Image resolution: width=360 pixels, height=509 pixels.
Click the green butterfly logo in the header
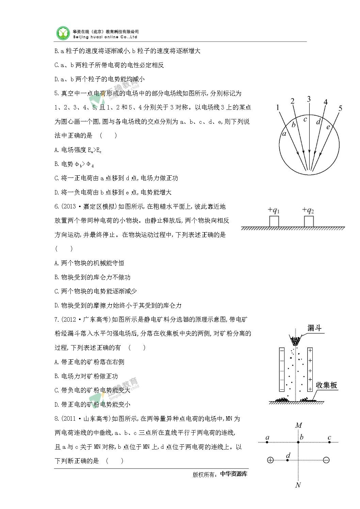(63, 33)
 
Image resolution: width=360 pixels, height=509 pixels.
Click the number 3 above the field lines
(309, 99)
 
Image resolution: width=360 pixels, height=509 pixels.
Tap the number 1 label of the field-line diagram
(278, 108)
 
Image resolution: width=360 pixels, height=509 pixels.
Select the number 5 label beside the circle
(340, 108)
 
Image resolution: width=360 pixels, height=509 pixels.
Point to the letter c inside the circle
(305, 119)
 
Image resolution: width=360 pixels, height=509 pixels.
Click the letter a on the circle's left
(284, 134)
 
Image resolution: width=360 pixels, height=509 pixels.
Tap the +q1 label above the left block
(274, 210)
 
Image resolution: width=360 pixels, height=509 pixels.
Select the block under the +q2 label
(309, 221)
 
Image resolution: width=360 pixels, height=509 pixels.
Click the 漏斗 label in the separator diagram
(314, 328)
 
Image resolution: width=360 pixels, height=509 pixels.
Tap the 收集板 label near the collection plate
(326, 385)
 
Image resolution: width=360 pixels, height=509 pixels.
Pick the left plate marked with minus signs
(281, 369)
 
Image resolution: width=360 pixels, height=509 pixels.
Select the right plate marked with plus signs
(310, 369)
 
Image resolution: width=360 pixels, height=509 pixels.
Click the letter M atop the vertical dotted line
(298, 425)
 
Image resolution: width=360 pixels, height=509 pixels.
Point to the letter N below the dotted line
(298, 485)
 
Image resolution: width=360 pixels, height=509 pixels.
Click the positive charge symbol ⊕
(271, 460)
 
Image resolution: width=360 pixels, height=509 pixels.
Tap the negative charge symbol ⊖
(326, 460)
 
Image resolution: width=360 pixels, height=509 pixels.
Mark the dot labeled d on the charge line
(288, 460)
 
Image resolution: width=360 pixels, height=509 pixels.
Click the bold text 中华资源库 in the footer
(234, 474)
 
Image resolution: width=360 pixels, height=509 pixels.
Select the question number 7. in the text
(57, 319)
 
